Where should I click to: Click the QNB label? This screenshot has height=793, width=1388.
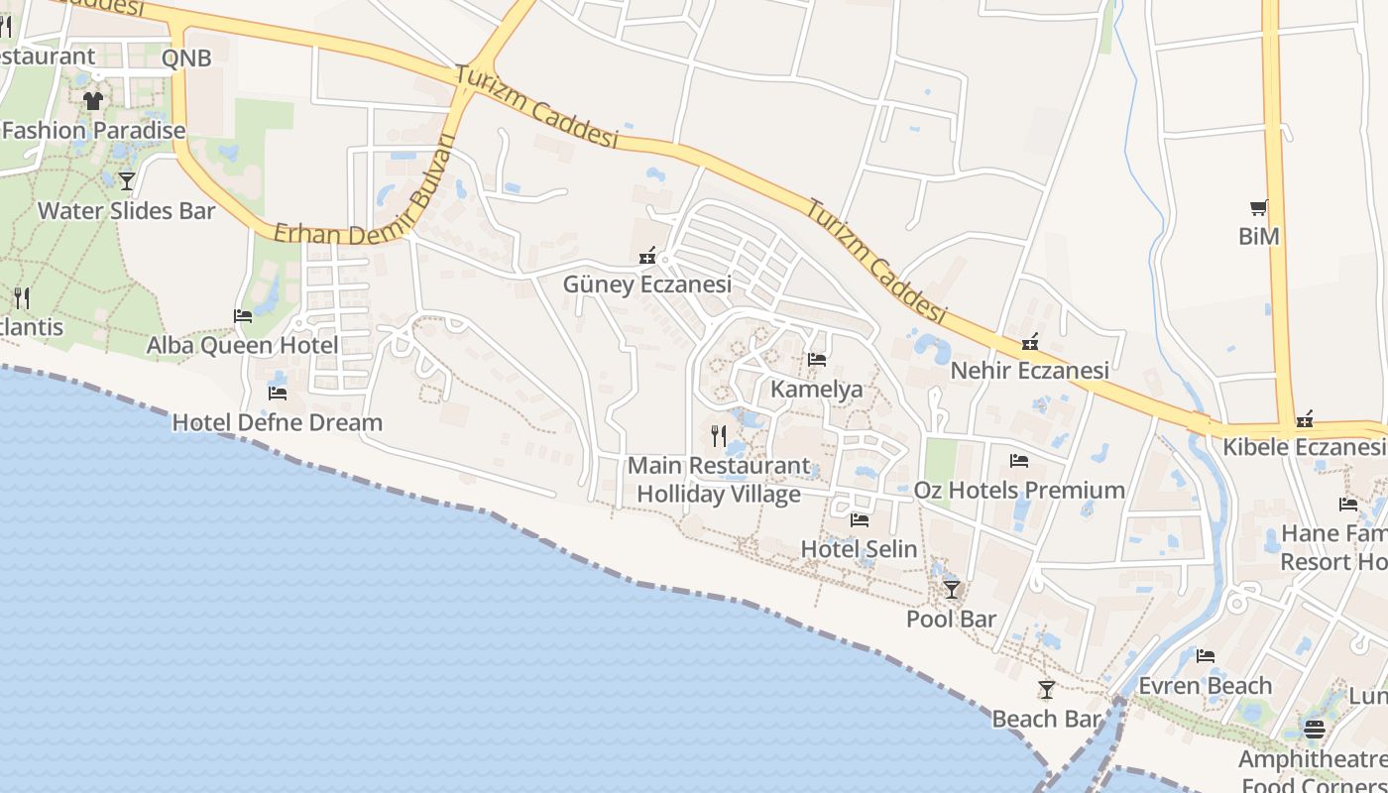[186, 58]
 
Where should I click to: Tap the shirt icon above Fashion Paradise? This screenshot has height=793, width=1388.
[93, 100]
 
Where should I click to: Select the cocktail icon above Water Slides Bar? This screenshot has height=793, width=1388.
[126, 180]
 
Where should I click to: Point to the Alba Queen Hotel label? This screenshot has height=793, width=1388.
[242, 345]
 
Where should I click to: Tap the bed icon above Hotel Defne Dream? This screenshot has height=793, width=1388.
[278, 393]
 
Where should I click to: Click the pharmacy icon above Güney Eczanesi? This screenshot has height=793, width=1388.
[647, 257]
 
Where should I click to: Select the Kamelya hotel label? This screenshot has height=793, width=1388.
[816, 390]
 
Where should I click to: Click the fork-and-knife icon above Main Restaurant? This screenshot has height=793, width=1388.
[719, 435]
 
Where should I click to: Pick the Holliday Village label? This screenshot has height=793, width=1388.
[718, 494]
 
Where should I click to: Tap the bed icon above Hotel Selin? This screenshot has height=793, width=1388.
[859, 519]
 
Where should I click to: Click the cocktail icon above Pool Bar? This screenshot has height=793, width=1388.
[952, 590]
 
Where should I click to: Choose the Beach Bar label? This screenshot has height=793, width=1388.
[1046, 719]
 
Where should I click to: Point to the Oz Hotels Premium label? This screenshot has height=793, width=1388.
[1019, 491]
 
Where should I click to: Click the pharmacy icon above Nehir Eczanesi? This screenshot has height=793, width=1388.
[1030, 342]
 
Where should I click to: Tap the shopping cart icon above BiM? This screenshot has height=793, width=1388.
[1259, 207]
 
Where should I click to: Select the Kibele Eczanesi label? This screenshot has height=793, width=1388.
[1303, 447]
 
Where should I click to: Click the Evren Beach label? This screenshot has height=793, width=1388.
[1205, 686]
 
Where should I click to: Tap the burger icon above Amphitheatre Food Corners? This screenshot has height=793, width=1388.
[1315, 730]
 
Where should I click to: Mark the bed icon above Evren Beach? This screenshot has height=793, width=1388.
[1206, 656]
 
